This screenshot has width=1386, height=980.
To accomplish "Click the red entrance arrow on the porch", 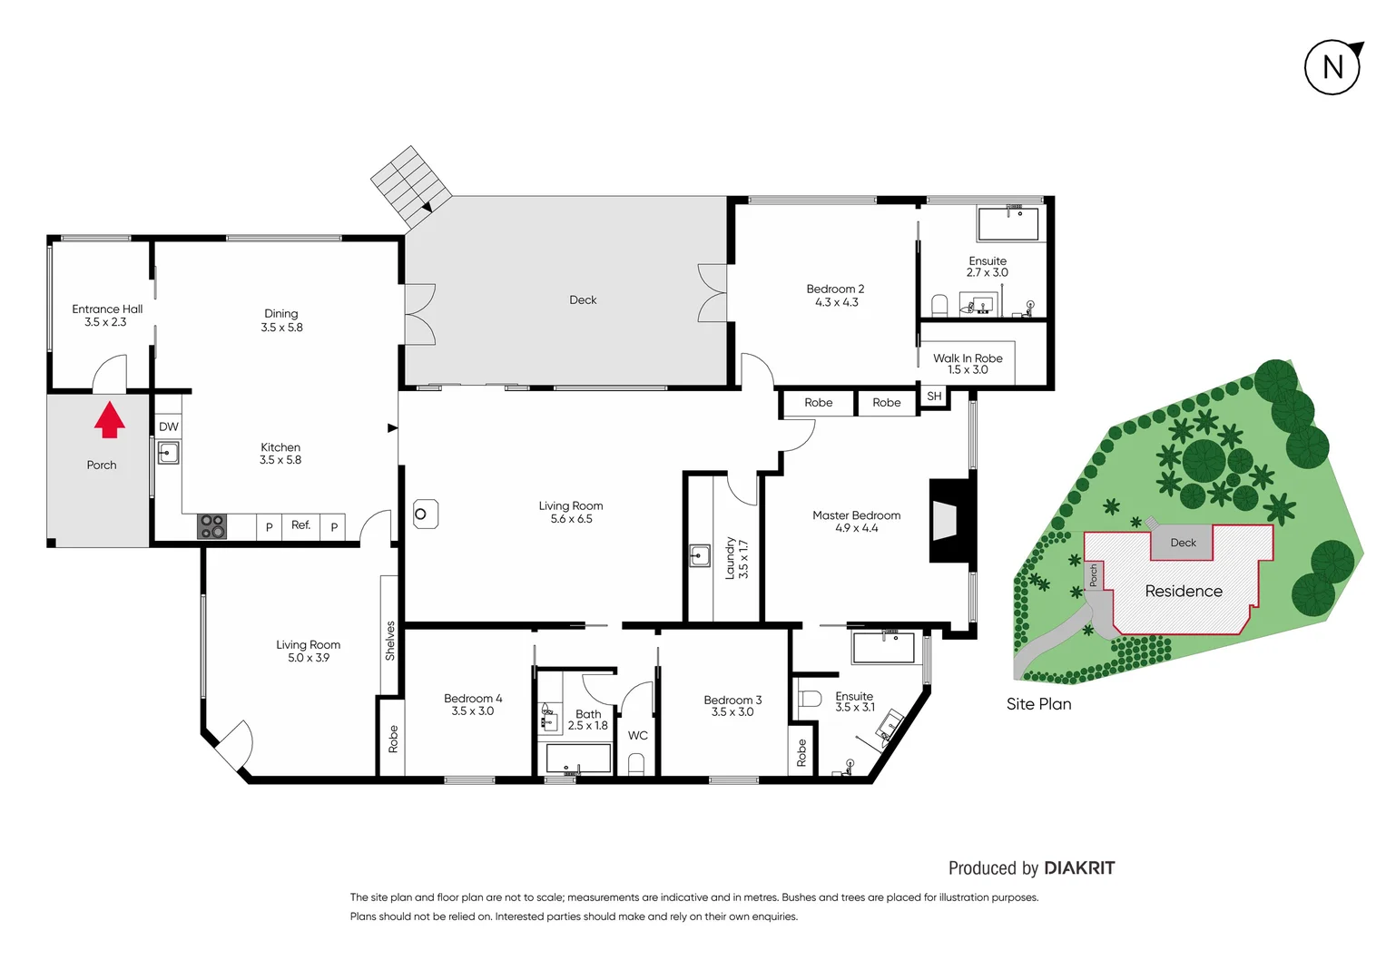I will coord(110,420).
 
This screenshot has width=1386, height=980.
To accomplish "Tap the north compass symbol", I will coord(1332,67).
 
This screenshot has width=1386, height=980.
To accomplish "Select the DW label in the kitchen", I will coord(169,426).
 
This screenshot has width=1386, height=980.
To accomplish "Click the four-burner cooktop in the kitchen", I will coord(212,526).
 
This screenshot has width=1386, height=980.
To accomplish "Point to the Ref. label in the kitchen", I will coord(300,525).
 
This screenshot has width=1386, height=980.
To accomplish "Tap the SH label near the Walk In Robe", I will coord(934,397).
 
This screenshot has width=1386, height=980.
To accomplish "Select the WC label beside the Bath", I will coord(638,735).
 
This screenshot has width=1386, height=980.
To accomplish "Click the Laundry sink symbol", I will coord(699,555).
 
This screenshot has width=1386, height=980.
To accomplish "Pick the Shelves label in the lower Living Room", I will coord(390,641).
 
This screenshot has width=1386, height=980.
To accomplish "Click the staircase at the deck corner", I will coord(410,185).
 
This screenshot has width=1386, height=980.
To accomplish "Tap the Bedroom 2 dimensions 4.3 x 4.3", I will coord(836,302).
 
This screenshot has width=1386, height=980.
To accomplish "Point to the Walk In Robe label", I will coord(968,358).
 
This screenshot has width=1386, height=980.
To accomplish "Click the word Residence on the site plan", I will coord(1183,591).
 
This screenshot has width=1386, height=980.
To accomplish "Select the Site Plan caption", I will coord(1038,704).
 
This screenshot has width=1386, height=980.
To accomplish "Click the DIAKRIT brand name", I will coord(1079,868).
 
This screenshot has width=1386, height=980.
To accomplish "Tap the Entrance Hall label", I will coord(107,309).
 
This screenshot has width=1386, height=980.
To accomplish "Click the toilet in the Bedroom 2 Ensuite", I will coord(939,305).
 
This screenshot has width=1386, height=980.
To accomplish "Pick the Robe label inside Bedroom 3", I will coord(801,752).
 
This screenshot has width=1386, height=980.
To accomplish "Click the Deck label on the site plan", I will coord(1183,543).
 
